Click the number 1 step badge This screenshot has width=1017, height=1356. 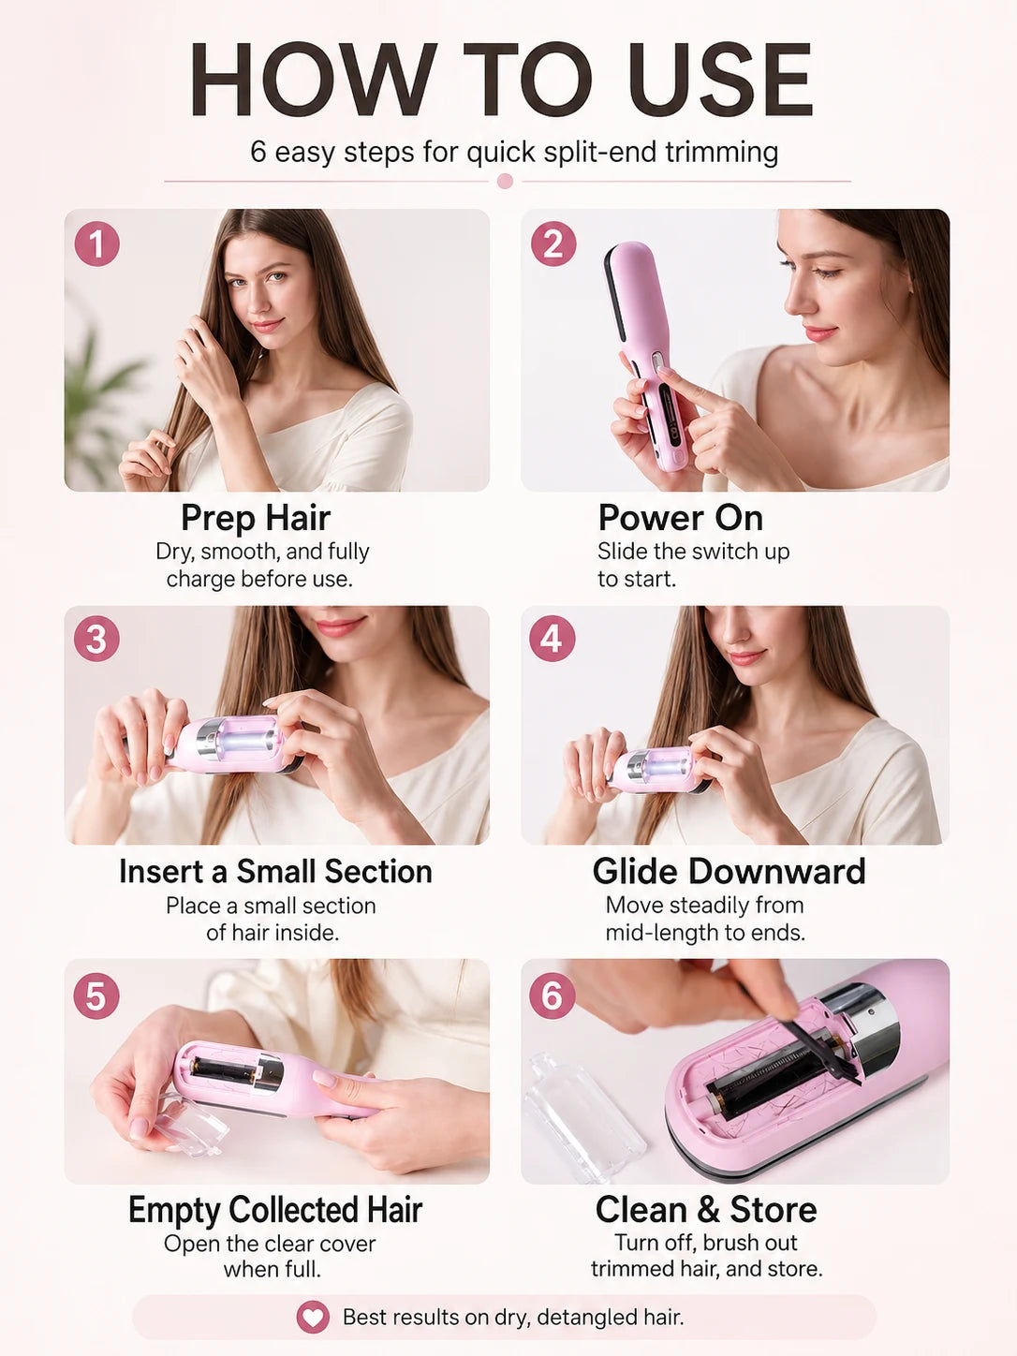[97, 244]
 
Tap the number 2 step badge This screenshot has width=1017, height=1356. [553, 244]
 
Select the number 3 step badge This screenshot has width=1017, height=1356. [97, 639]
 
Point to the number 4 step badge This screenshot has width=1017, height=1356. [552, 639]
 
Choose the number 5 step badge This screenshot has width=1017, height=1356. [96, 996]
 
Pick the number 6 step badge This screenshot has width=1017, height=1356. [552, 996]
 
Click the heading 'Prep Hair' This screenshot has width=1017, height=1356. [256, 518]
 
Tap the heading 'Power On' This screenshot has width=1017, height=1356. [681, 518]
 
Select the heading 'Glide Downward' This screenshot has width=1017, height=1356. [729, 872]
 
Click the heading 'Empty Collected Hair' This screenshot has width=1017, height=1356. [275, 1210]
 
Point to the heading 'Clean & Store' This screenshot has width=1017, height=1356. [706, 1209]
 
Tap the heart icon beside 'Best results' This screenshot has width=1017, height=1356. [313, 1317]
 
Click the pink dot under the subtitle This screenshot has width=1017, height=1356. [505, 181]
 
